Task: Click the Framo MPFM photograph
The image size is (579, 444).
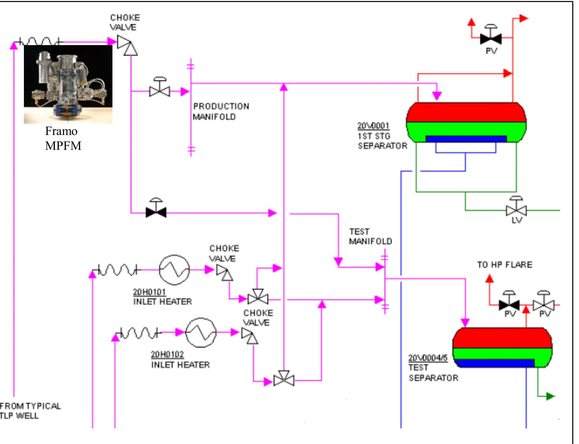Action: click(x=68, y=84)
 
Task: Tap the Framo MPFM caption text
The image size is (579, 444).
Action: click(x=63, y=138)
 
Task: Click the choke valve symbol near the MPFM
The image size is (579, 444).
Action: click(x=127, y=45)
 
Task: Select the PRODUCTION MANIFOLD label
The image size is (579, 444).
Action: click(x=221, y=111)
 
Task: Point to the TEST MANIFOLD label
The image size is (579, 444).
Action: click(x=370, y=237)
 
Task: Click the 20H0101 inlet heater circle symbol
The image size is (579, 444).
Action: click(x=174, y=270)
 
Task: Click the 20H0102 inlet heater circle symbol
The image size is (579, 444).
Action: click(x=201, y=333)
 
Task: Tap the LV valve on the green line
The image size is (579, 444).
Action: click(x=516, y=210)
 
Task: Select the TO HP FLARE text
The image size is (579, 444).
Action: click(x=505, y=265)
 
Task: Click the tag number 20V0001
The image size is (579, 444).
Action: click(x=373, y=126)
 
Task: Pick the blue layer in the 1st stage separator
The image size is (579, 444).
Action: click(x=466, y=139)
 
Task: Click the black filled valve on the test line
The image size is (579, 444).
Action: click(x=156, y=212)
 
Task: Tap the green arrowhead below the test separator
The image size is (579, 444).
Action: click(x=550, y=396)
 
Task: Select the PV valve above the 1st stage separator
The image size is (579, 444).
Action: click(x=491, y=39)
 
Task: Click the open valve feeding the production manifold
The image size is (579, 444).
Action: click(x=160, y=91)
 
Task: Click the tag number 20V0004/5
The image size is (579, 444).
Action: click(x=428, y=358)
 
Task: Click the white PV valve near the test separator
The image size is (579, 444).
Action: click(x=544, y=305)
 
